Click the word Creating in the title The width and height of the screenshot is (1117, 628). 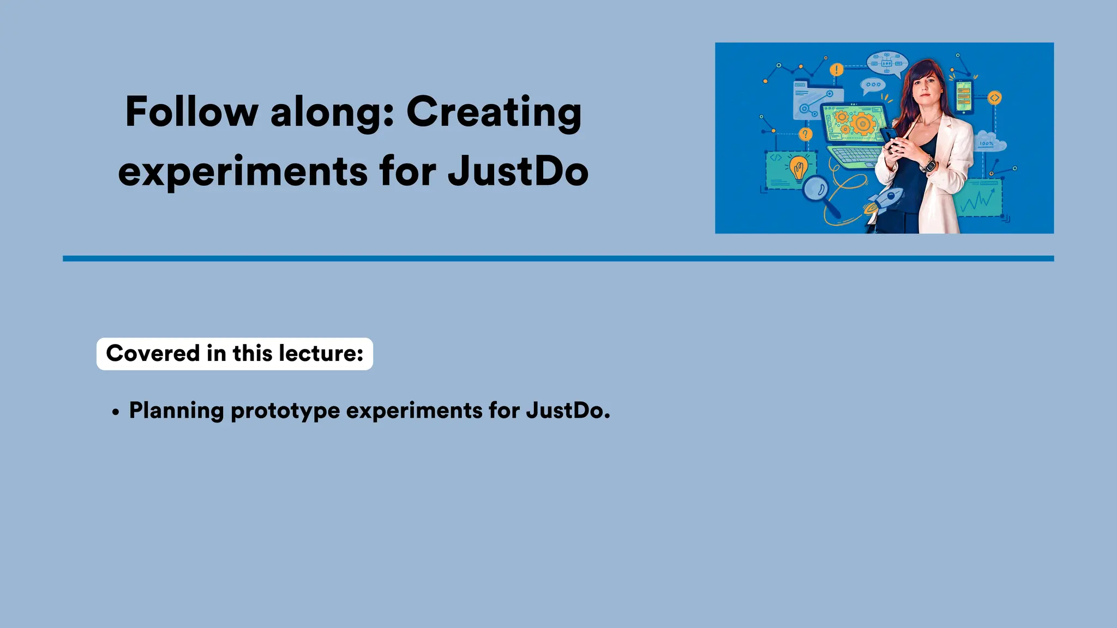494,112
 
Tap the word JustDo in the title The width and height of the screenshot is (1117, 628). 518,171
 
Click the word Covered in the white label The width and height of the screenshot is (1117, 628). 153,353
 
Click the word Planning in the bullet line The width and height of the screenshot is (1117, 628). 176,410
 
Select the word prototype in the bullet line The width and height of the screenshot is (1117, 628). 285,410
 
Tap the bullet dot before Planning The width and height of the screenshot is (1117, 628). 115,413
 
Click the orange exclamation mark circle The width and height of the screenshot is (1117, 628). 836,70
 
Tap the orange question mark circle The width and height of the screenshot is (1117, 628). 805,134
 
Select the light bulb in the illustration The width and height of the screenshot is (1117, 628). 798,167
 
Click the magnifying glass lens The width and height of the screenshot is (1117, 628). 815,189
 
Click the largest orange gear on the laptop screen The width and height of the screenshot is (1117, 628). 862,124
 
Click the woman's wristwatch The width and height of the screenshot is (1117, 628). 928,164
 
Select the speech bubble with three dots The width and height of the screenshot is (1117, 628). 873,85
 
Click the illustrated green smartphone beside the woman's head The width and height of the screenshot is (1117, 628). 964,97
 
